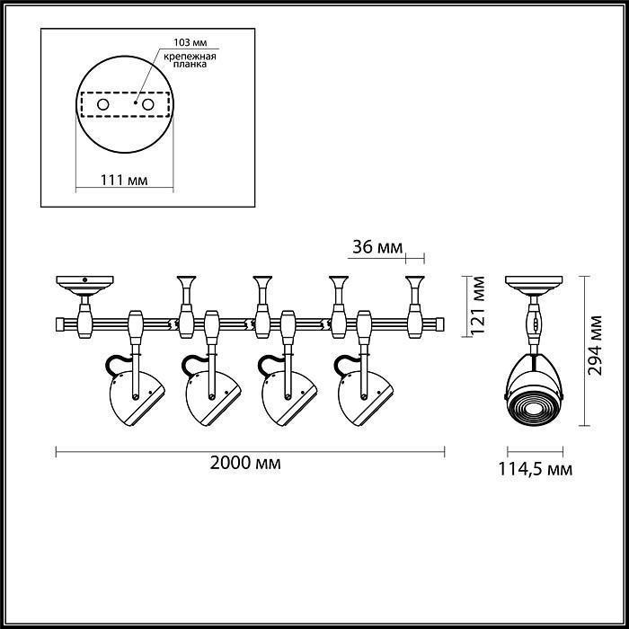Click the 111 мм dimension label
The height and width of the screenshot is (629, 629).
click(x=124, y=180)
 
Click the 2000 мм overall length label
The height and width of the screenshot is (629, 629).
click(x=245, y=464)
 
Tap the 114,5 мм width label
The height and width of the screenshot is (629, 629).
click(x=537, y=468)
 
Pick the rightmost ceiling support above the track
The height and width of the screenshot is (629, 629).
click(x=417, y=292)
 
